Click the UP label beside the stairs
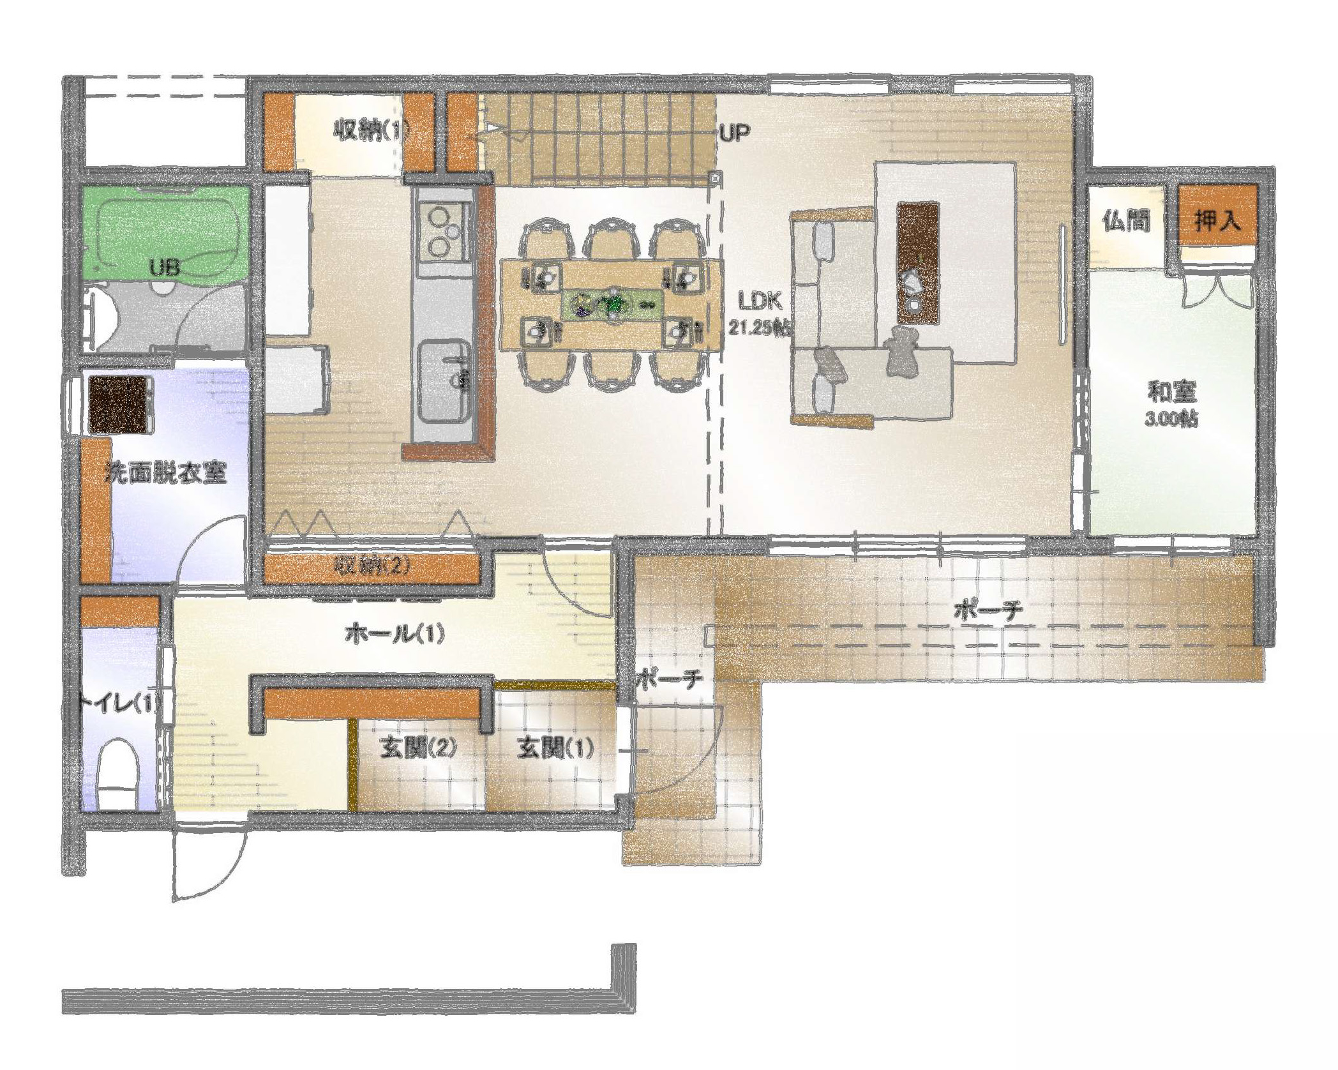(734, 133)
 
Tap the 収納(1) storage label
(370, 131)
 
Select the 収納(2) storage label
(372, 564)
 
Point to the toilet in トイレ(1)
(119, 772)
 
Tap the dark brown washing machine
(119, 404)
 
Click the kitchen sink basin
(445, 381)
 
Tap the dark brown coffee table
(917, 263)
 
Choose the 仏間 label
(1127, 221)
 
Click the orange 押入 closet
(1217, 215)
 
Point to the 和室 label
(1172, 391)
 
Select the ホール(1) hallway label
(395, 633)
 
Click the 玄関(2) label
(418, 746)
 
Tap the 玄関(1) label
(555, 746)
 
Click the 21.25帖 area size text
(759, 328)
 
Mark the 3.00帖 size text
(1171, 419)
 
